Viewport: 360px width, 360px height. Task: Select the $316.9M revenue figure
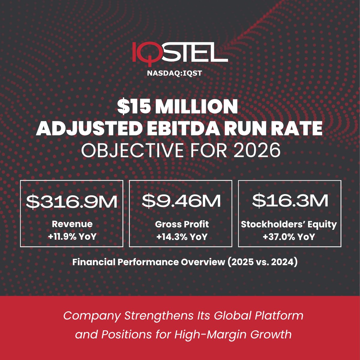click(71, 202)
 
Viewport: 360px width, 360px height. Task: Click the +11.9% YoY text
click(72, 236)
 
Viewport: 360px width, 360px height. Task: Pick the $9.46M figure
click(181, 201)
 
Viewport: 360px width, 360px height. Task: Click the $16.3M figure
click(290, 201)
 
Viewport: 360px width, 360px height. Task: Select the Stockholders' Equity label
click(289, 224)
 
